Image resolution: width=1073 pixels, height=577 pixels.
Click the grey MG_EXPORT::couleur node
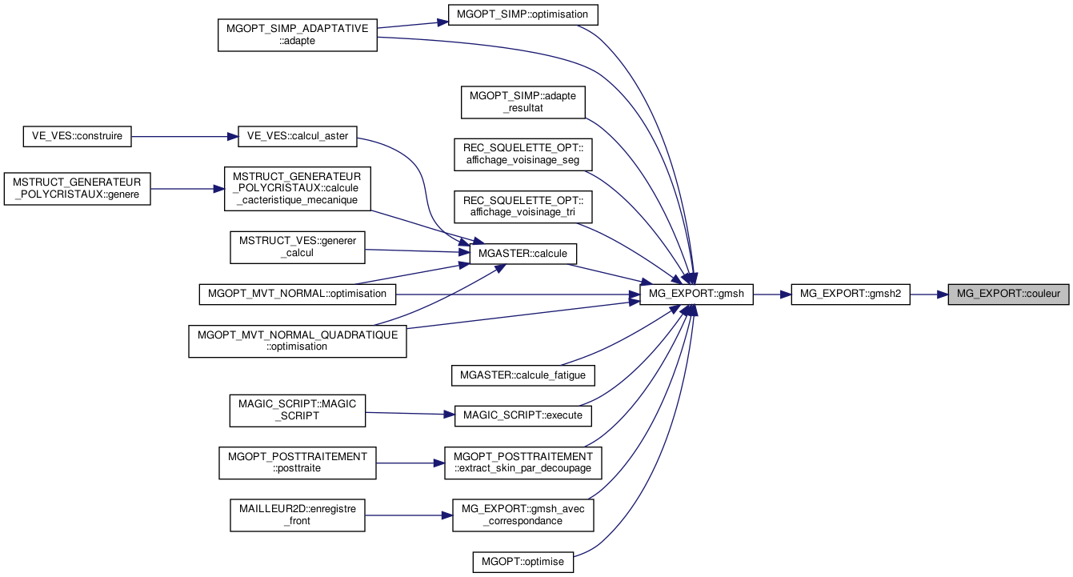(1007, 294)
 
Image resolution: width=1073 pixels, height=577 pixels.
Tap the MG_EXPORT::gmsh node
(696, 294)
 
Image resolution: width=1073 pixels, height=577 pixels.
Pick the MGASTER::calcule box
(522, 253)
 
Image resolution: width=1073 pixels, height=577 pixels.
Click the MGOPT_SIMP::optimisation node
(523, 14)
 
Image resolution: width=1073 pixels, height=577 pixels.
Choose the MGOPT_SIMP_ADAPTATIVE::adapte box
(297, 34)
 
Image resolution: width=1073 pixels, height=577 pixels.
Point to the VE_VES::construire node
(77, 136)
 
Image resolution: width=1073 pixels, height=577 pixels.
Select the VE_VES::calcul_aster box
(297, 136)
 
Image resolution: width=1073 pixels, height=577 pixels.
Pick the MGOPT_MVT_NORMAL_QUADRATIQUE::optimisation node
(297, 340)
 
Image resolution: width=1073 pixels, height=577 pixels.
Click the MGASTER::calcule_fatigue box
(522, 375)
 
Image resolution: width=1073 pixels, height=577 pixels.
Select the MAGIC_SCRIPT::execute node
(522, 415)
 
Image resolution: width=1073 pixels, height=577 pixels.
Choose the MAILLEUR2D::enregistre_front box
(297, 515)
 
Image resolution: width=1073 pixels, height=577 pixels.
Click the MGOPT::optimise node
(522, 562)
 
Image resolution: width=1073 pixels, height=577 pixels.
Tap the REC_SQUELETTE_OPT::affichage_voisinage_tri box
(522, 206)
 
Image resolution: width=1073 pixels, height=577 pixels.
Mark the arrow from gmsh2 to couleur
(928, 294)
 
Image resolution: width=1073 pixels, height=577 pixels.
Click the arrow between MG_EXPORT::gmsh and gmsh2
(771, 294)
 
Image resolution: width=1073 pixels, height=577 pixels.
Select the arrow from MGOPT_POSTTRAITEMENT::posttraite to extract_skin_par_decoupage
(410, 463)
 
